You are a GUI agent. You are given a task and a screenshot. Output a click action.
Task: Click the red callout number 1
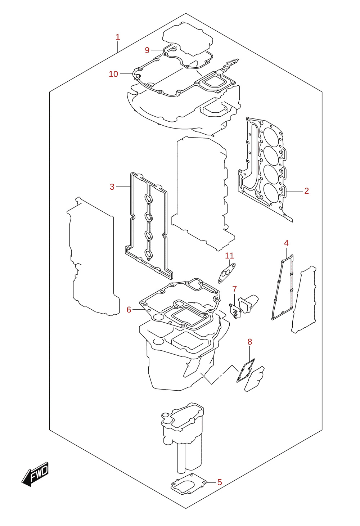pos(118,37)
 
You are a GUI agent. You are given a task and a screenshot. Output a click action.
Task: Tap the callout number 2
pos(306,191)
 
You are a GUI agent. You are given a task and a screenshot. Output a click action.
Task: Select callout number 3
pos(112,187)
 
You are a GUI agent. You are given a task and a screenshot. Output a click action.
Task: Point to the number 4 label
pos(286,243)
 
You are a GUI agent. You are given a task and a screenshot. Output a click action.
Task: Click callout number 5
pos(220,482)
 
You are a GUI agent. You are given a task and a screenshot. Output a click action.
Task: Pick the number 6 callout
pos(129,310)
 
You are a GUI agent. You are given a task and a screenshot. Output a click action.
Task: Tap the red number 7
pos(234,289)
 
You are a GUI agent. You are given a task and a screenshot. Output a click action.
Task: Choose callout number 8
pos(249,342)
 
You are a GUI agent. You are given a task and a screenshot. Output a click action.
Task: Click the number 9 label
pos(147,50)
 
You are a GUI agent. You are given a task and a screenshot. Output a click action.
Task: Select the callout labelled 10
pos(113,74)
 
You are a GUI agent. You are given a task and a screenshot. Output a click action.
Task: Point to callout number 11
pos(229,256)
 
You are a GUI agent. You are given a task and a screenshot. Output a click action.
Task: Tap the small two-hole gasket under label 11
pos(226,273)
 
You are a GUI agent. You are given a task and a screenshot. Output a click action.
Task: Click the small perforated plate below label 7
pos(235,311)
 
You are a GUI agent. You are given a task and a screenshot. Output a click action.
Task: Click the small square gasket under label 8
pos(246,370)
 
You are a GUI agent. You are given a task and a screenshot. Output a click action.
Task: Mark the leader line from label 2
pos(295,191)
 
